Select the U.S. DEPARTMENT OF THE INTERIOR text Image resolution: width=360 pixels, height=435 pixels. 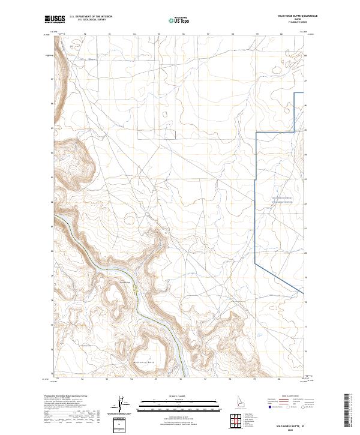click(x=91, y=16)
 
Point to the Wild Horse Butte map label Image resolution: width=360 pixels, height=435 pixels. click(x=142, y=362)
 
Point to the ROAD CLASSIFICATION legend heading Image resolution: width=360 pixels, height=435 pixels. click(x=293, y=397)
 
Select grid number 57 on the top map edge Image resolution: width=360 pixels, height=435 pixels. click(x=208, y=34)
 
